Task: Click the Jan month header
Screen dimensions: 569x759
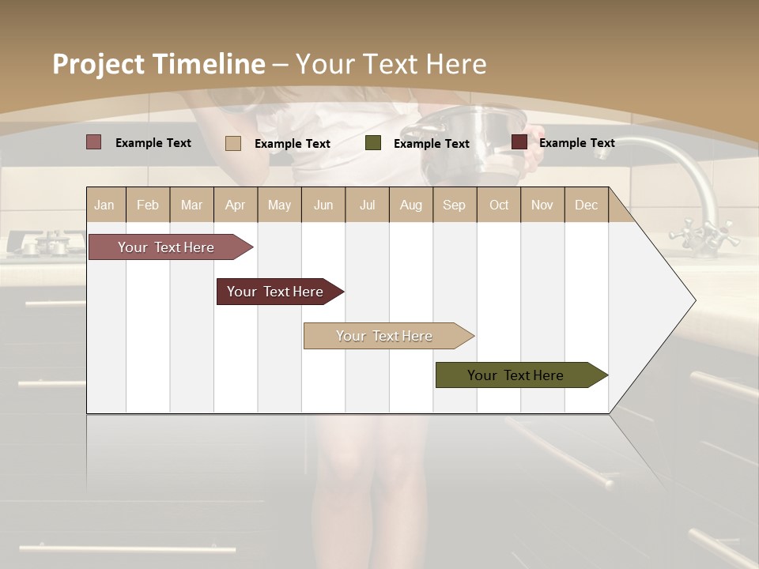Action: click(x=104, y=205)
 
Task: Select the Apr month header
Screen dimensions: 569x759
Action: click(x=235, y=205)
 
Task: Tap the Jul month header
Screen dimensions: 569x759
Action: click(x=367, y=205)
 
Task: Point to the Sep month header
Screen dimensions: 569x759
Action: click(x=454, y=205)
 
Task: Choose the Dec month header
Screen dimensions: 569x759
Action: click(x=586, y=205)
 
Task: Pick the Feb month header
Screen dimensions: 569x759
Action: click(x=148, y=205)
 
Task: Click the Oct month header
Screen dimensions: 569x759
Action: click(x=499, y=205)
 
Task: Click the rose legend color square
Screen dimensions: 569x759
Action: click(x=93, y=142)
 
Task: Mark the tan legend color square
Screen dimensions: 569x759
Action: click(x=232, y=143)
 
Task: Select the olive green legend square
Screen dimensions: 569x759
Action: click(x=373, y=143)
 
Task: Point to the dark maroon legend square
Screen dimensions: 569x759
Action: click(x=519, y=142)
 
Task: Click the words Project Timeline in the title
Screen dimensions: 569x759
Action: click(x=158, y=64)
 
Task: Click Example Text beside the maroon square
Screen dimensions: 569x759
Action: click(x=576, y=142)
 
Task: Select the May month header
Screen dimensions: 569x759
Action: click(x=279, y=205)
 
